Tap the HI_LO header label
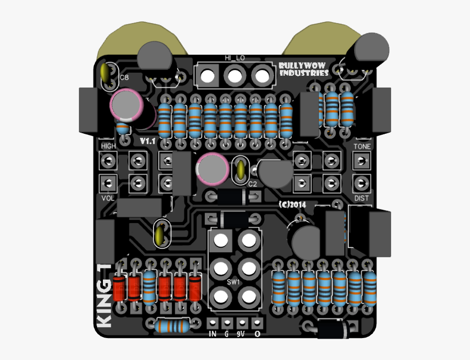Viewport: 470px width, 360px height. click(234, 58)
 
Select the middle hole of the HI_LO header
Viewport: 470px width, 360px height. click(234, 76)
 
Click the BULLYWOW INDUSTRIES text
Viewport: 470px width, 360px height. click(303, 69)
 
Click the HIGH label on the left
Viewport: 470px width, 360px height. click(109, 146)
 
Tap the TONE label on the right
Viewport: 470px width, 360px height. click(362, 146)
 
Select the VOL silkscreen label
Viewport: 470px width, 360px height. click(108, 198)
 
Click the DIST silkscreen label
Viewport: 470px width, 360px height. click(361, 198)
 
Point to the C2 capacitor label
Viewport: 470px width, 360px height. click(252, 184)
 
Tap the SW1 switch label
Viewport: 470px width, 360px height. click(233, 283)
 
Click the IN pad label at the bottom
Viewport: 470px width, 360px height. click(213, 334)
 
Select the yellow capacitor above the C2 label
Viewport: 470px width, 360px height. click(241, 169)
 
